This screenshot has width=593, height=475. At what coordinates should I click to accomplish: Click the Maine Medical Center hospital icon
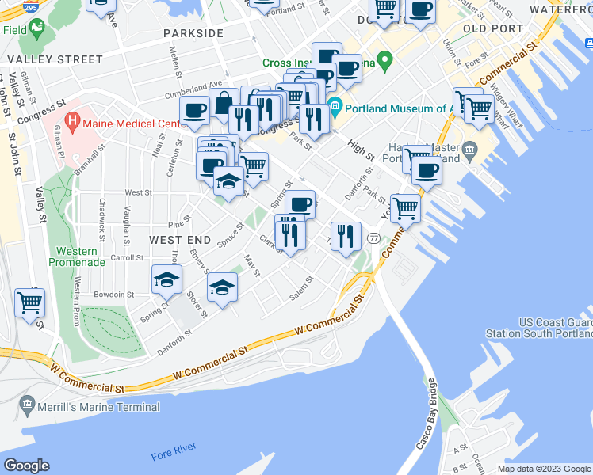[x=72, y=123]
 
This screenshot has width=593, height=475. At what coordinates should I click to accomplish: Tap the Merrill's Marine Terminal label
[x=97, y=407]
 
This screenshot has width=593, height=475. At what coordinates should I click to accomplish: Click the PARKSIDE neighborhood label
[x=193, y=33]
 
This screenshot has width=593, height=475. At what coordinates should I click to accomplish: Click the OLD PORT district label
[x=495, y=28]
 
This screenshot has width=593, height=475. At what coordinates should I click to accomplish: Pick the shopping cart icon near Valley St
[x=29, y=301]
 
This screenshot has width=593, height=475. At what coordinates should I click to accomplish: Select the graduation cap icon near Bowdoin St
[x=167, y=279]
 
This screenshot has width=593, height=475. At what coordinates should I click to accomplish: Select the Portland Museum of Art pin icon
[x=335, y=104]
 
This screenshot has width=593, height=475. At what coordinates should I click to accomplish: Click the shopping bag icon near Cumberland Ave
[x=225, y=103]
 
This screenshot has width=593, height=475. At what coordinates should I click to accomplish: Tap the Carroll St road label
[x=126, y=257]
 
